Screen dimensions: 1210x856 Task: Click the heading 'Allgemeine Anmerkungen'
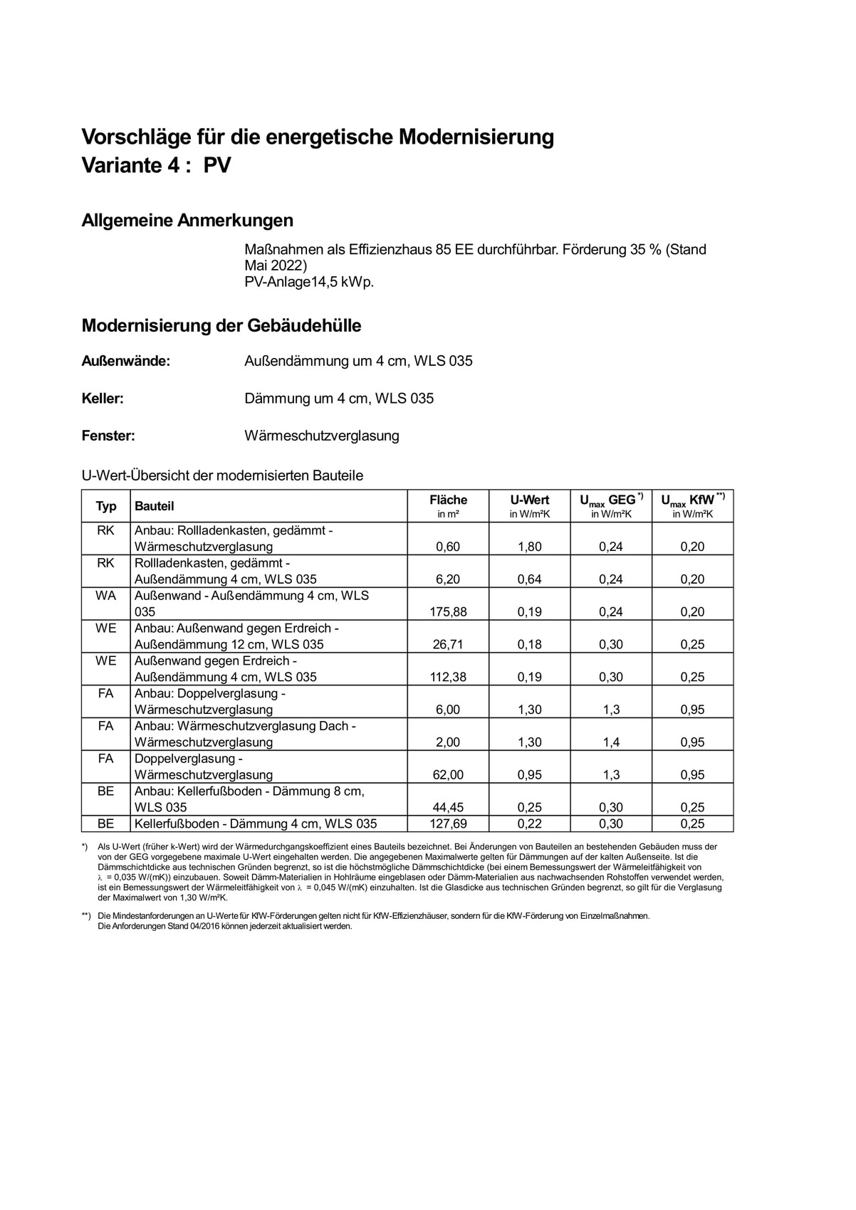click(x=187, y=221)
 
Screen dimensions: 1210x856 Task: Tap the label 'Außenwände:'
click(x=126, y=361)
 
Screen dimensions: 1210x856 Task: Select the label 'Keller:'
click(x=103, y=399)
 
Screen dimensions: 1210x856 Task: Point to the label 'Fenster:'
click(x=108, y=436)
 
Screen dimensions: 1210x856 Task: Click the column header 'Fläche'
click(x=448, y=500)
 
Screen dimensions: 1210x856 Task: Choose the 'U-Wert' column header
click(x=529, y=500)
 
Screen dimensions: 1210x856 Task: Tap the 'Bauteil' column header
click(x=155, y=506)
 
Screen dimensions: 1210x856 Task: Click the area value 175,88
click(x=448, y=612)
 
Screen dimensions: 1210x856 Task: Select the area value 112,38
click(x=448, y=678)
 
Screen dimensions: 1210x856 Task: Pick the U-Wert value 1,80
click(x=529, y=547)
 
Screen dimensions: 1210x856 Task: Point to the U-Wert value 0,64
click(x=529, y=579)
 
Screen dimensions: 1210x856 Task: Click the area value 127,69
click(x=448, y=824)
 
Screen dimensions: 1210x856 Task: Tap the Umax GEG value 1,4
click(x=611, y=742)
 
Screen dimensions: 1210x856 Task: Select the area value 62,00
click(x=448, y=775)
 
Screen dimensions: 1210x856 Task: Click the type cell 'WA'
click(x=105, y=596)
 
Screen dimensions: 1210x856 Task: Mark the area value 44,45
click(x=448, y=808)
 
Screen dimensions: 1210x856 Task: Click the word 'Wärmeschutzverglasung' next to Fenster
click(x=322, y=436)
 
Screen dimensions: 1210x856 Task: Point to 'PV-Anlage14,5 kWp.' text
click(x=309, y=282)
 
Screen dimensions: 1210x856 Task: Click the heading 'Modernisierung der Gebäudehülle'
click(x=221, y=326)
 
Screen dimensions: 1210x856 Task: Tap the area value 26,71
click(x=448, y=645)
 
